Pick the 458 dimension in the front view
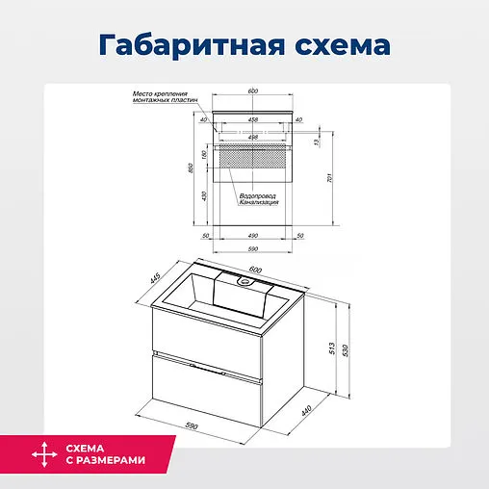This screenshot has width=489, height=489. pyautogui.click(x=252, y=120)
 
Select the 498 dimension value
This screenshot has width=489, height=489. pyautogui.click(x=252, y=137)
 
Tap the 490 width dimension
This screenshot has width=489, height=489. pyautogui.click(x=253, y=236)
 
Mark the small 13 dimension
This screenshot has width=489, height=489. pyautogui.click(x=314, y=142)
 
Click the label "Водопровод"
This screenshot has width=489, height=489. pyautogui.click(x=260, y=195)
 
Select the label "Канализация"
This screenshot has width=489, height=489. pyautogui.click(x=260, y=203)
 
